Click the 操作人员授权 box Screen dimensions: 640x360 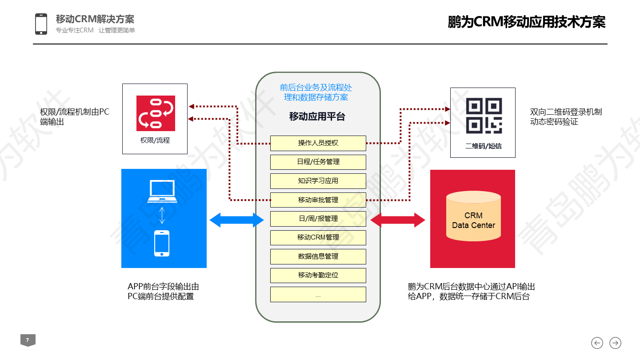(318, 143)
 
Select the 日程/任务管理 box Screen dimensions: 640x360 (318, 162)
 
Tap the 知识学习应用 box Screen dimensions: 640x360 (318, 181)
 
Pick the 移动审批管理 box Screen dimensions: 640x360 (318, 200)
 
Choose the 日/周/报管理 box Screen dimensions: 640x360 (318, 219)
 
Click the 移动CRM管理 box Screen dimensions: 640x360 (318, 237)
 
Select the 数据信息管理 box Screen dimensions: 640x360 (318, 256)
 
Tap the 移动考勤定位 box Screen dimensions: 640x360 (318, 276)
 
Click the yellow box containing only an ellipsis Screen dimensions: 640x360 (318, 294)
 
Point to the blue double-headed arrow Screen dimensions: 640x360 (236, 220)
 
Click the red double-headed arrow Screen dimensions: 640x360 (398, 220)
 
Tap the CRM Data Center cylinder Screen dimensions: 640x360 (473, 216)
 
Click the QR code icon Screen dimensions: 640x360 (484, 116)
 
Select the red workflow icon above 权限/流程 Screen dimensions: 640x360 (156, 113)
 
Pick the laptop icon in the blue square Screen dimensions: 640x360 (162, 191)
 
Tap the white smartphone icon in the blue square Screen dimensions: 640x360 (162, 244)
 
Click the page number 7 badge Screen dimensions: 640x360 (28, 340)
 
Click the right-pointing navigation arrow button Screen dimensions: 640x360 (615, 343)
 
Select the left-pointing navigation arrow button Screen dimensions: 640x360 (597, 343)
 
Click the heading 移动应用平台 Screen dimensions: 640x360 (317, 116)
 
